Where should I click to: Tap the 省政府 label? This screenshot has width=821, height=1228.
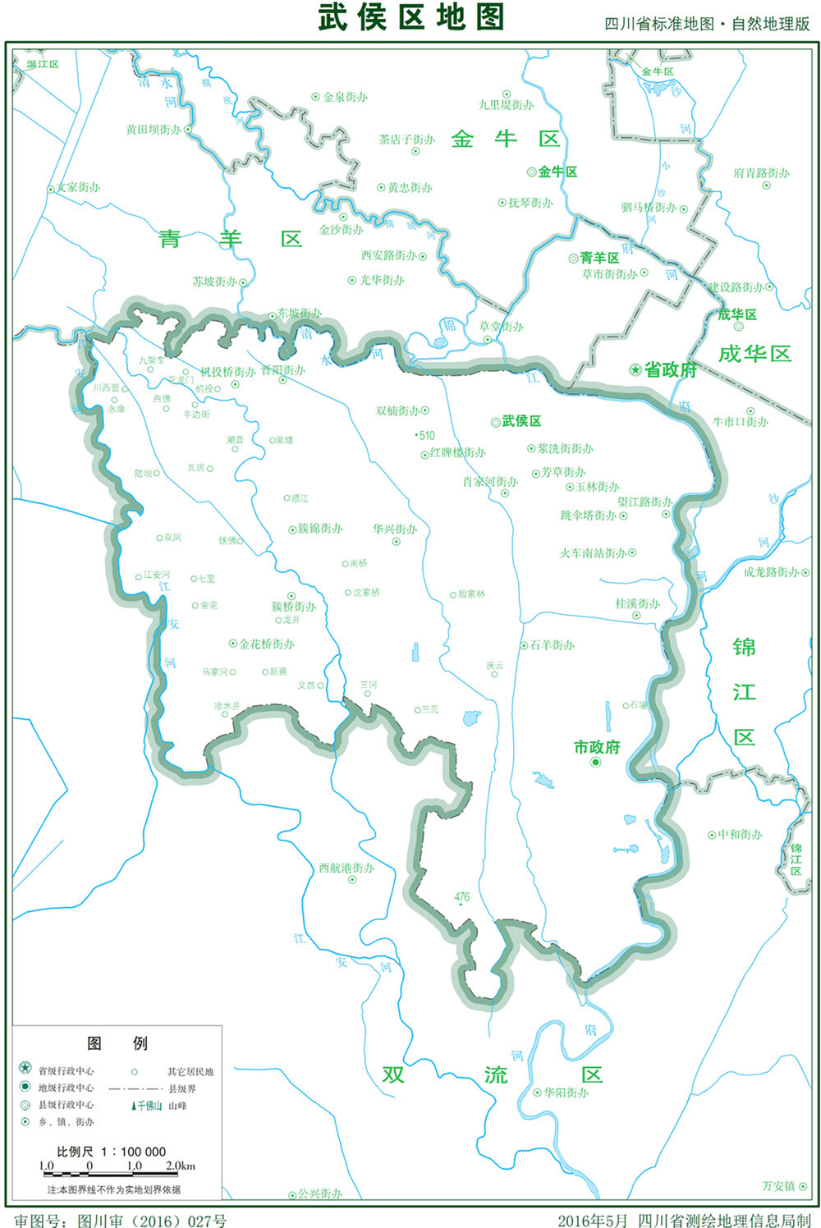pos(670,370)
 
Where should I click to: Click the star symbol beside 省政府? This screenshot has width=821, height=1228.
pos(635,370)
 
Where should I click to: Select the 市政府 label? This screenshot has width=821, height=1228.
pos(597,747)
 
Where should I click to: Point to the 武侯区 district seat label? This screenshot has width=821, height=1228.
pos(521,421)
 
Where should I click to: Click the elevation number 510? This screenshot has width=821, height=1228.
pos(427,435)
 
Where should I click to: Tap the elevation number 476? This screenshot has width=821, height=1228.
pos(461,897)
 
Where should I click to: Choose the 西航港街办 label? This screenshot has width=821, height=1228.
pos(346,868)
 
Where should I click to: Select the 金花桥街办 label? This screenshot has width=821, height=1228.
pos(267,644)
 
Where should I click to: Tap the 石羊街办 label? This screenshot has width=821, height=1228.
pos(552,645)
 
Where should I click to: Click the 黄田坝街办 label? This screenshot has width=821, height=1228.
pos(154,130)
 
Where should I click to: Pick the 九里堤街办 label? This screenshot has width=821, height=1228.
pos(507,105)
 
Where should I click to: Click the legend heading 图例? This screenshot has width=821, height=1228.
pos(117,1043)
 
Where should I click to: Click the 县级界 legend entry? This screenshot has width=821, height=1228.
pos(182,1088)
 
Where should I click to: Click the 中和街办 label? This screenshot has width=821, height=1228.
pos(740,835)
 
